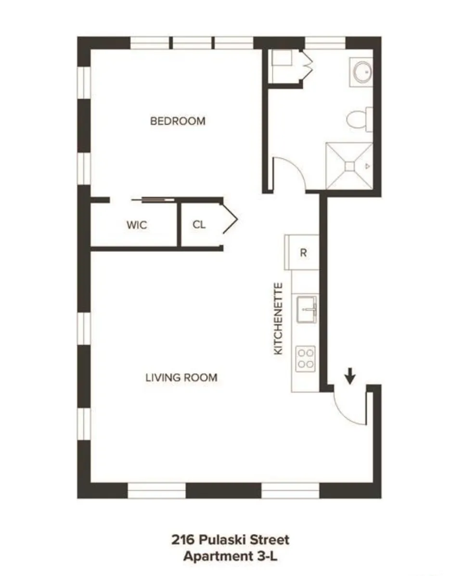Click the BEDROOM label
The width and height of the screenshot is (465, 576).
click(x=178, y=121)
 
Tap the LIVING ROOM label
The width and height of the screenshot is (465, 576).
click(x=181, y=378)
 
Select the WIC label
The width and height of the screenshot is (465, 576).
click(x=137, y=225)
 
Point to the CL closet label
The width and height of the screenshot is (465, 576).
click(x=199, y=224)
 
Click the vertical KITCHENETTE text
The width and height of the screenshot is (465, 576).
click(x=278, y=319)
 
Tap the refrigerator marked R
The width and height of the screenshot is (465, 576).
click(x=303, y=252)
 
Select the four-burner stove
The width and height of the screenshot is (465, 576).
click(x=306, y=358)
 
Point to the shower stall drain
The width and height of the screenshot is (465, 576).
click(x=349, y=166)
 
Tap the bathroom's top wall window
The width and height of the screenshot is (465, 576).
click(x=325, y=43)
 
